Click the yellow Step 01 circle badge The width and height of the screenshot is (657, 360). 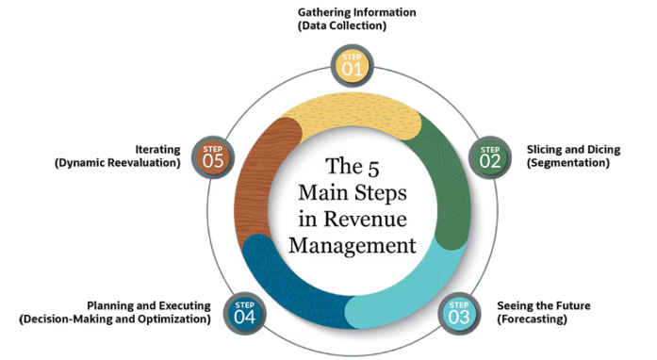(x=351, y=65)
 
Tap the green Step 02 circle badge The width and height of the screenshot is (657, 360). (x=490, y=155)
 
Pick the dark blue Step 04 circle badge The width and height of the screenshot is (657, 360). (x=243, y=311)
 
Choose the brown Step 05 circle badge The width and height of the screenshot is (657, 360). (x=212, y=155)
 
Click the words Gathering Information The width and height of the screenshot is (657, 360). (x=356, y=12)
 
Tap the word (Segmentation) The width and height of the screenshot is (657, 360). (x=567, y=163)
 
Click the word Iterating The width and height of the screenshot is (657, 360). (x=156, y=149)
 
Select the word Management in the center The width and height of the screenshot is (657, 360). (x=352, y=247)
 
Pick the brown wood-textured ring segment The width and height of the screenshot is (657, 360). (x=258, y=179)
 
